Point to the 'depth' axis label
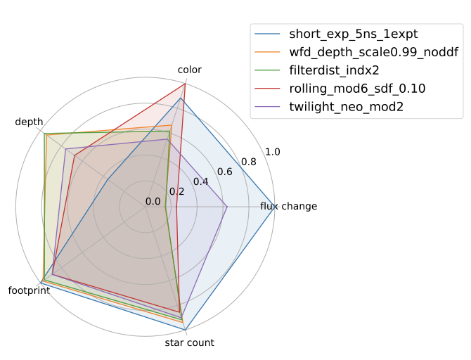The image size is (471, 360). tap(29, 122)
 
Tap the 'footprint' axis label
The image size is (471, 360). tap(29, 290)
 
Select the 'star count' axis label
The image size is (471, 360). tap(190, 343)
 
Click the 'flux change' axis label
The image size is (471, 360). tap(288, 207)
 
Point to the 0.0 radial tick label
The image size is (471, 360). tap(153, 202)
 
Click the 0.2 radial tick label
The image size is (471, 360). tap(176, 191)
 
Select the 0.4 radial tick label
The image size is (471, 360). tap(200, 181)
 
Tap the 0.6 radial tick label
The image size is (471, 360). tap(224, 172)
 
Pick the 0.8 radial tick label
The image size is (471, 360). tap(248, 162)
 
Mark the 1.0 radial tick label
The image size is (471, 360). tap(272, 152)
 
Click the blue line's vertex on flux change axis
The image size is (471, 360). tap(274, 207)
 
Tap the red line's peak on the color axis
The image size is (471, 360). tap(185, 84)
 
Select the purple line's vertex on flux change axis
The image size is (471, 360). tap(227, 207)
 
